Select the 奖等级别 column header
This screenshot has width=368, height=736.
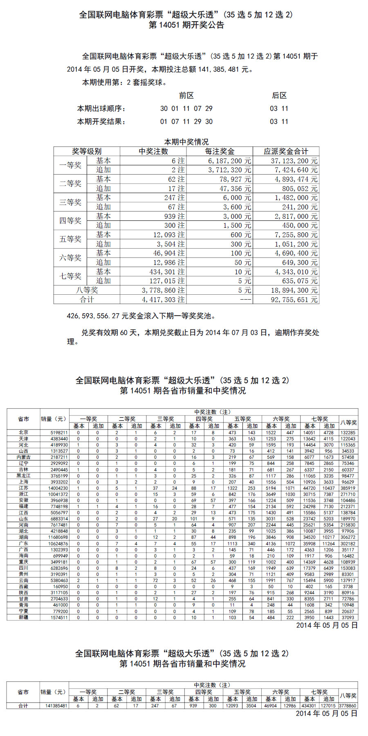coord(87,151)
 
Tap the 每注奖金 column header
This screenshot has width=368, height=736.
coord(220,151)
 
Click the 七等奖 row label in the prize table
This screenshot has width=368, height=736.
coord(70,276)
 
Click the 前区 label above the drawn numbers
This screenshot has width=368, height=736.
coord(186,96)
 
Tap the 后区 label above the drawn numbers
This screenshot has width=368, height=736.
coord(279,96)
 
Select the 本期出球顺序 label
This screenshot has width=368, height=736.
coord(101,109)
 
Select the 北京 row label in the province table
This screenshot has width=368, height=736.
coord(24,433)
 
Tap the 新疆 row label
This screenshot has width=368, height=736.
coord(24,618)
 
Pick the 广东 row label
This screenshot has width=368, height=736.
coord(24,544)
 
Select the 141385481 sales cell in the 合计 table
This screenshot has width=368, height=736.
coord(56,706)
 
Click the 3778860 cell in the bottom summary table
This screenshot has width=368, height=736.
coord(347,706)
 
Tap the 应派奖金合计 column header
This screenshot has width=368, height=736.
coord(286,151)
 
